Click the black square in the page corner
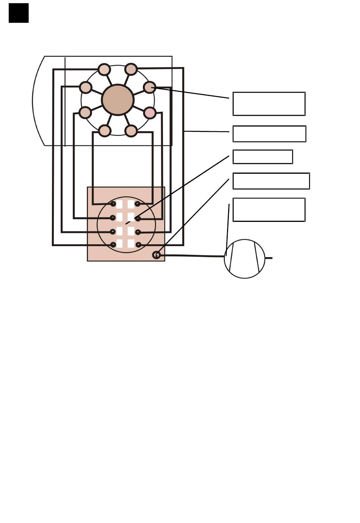click(x=19, y=13)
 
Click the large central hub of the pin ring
click(x=118, y=100)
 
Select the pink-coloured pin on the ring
click(x=150, y=113)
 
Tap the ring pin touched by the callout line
click(x=150, y=87)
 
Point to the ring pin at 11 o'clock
click(x=104, y=69)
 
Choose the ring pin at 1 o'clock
click(x=131, y=69)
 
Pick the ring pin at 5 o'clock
click(x=131, y=131)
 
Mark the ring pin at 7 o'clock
click(x=105, y=131)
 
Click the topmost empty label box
click(x=269, y=104)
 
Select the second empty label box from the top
click(x=269, y=134)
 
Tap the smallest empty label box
click(x=263, y=157)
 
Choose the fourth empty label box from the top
click(x=271, y=181)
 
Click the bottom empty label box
click(x=269, y=209)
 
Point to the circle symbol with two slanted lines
click(x=244, y=259)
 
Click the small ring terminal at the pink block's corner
click(x=156, y=255)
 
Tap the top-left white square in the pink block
click(x=119, y=204)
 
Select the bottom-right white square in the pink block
click(x=131, y=243)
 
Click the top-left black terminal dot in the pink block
click(x=113, y=204)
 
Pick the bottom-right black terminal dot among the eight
click(x=138, y=245)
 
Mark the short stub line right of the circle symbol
click(x=268, y=258)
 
